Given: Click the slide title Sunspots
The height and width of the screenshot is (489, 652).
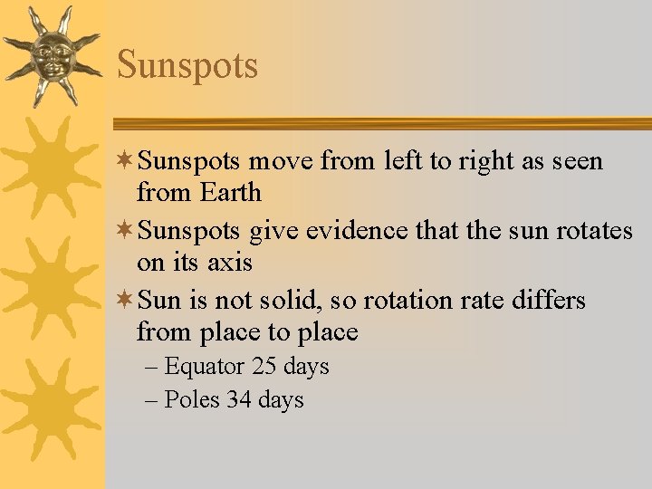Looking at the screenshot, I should click(x=187, y=65).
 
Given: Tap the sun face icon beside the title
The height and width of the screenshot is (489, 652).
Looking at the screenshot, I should click(x=52, y=55).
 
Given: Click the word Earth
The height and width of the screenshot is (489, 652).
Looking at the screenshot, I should click(x=231, y=193).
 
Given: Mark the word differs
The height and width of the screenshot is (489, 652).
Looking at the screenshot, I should click(x=551, y=300).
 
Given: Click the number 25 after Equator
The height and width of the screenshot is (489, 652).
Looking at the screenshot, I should click(x=264, y=367).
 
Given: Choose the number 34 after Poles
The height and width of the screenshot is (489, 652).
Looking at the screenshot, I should click(x=239, y=400).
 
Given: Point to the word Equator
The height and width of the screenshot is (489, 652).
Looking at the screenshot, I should click(x=205, y=368).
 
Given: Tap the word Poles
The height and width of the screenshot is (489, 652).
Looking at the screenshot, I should click(x=192, y=400).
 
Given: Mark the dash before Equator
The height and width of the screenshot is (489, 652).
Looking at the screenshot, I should click(x=151, y=368).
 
